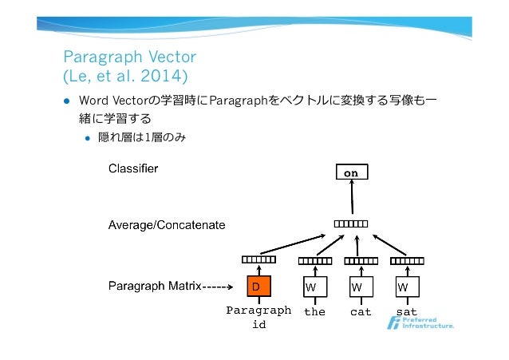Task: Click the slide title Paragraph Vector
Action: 129,57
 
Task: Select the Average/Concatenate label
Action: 167,225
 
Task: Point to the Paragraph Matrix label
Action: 154,284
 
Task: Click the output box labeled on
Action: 351,172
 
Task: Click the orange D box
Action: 257,286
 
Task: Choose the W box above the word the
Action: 314,286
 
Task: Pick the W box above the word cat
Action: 361,286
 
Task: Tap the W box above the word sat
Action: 406,286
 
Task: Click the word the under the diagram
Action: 314,312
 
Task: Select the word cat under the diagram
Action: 361,312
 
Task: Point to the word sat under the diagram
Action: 406,312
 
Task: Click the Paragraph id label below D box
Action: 258,318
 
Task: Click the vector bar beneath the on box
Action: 351,224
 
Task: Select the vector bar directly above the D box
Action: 258,259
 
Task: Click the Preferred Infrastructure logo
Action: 420,324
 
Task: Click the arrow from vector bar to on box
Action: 351,201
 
